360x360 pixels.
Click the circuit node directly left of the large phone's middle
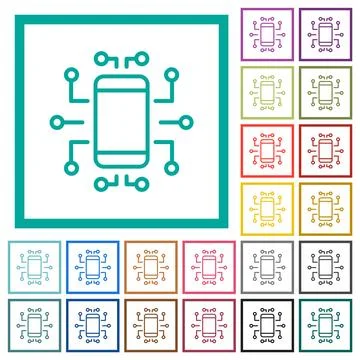[x=56, y=124]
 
